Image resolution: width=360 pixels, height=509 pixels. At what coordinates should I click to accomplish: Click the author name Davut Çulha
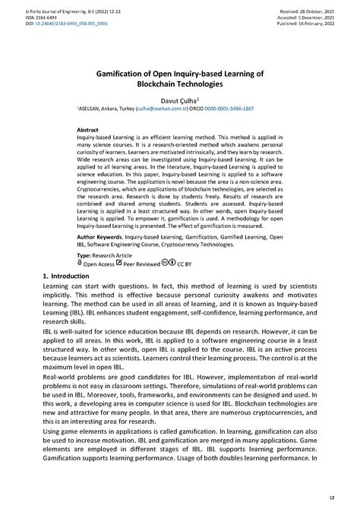[x=179, y=99]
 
